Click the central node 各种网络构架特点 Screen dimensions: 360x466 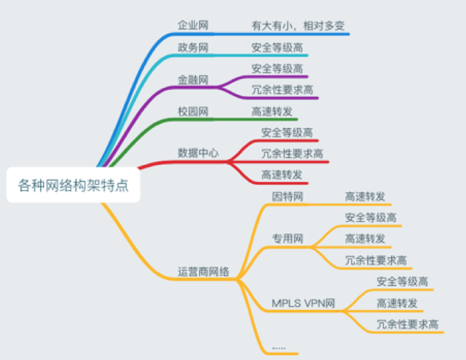[x=74, y=184]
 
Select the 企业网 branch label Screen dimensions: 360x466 [x=193, y=26]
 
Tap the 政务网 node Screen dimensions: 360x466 [x=193, y=48]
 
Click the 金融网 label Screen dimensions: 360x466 [x=193, y=79]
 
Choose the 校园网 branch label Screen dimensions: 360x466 [x=193, y=112]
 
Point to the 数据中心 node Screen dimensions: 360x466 [x=198, y=152]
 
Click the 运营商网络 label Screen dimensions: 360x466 [x=204, y=272]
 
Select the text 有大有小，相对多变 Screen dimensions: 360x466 [x=298, y=26]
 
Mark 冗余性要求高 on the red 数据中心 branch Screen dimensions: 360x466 [x=292, y=153]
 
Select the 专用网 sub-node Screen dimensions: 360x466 [x=287, y=238]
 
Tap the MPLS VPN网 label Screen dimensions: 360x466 [x=304, y=302]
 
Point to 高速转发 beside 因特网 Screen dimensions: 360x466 [x=365, y=197]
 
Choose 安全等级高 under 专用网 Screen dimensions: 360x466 [x=371, y=217]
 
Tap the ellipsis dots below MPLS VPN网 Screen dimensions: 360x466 [x=279, y=347]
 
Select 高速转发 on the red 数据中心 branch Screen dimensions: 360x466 [x=282, y=175]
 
